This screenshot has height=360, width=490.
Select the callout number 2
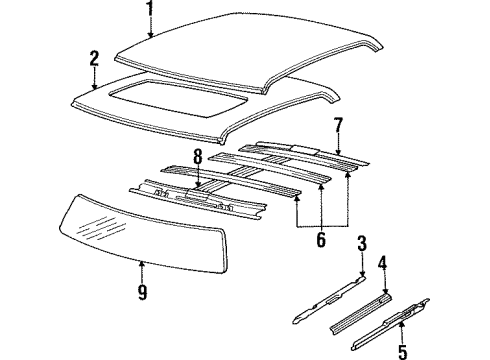[x=93, y=59]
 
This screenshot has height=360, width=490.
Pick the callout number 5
[x=403, y=350]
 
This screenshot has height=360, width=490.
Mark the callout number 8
[x=197, y=156]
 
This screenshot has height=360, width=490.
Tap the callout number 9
[x=141, y=293]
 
